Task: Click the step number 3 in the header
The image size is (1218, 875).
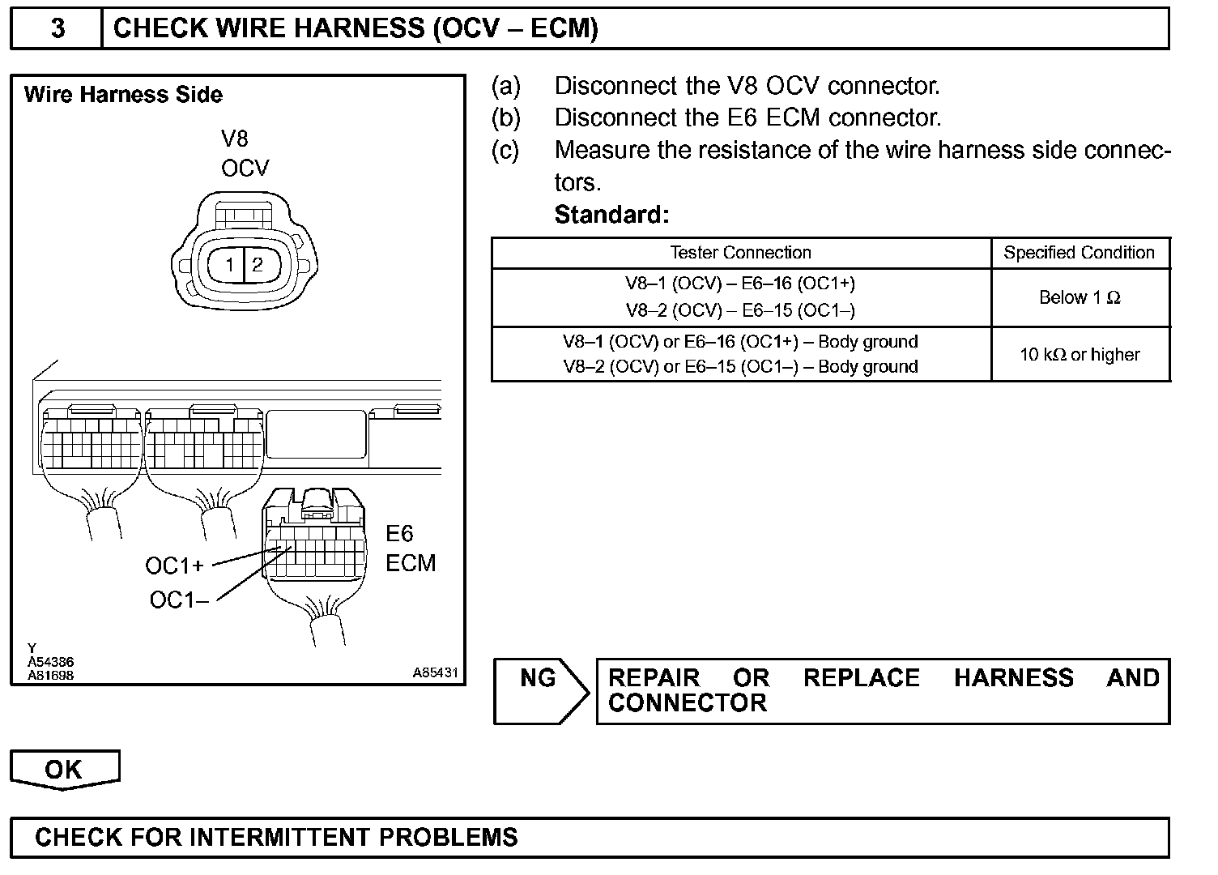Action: pos(57,28)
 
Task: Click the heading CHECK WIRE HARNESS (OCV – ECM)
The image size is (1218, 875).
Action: pos(356,28)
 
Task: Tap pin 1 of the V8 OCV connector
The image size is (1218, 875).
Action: pos(230,265)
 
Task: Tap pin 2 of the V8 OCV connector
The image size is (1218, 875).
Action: pos(258,264)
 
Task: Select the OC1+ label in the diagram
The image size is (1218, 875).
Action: pos(174,565)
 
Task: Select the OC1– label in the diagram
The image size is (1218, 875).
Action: pos(179,600)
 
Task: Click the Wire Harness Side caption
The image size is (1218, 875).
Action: pos(123,95)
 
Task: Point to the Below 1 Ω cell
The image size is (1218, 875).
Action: pos(1080,297)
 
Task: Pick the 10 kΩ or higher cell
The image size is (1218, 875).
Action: pos(1080,354)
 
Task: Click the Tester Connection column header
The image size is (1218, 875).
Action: pos(740,253)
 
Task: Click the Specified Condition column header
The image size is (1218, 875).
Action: pos(1079,253)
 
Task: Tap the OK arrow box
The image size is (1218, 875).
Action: pos(63,769)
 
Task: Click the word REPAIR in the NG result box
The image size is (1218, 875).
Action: pos(654,677)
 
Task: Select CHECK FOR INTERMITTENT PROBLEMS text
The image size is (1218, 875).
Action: pos(276,837)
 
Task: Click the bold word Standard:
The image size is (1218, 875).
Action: pos(611,215)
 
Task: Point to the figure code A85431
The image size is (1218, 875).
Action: pos(435,672)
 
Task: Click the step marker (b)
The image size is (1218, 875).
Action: pos(505,118)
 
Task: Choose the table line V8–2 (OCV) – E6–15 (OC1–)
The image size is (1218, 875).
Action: pos(740,310)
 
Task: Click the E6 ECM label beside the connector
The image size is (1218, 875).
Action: pos(410,548)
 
